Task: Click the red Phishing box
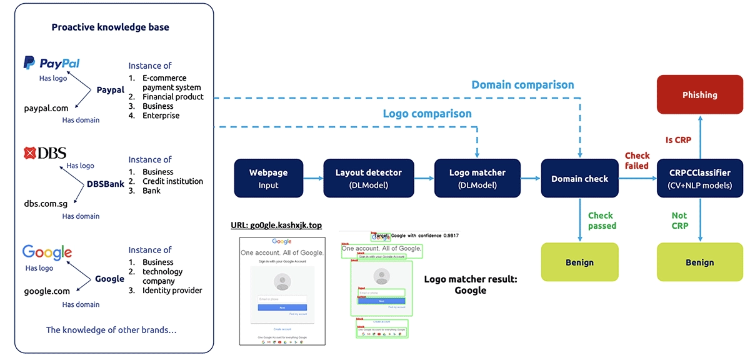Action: [x=699, y=95]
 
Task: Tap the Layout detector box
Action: [x=368, y=179]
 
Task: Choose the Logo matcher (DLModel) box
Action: [x=477, y=179]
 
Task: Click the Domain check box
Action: [x=579, y=179]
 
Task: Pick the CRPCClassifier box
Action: [x=699, y=179]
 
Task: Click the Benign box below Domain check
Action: [x=579, y=262]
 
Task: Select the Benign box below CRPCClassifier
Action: [x=699, y=262]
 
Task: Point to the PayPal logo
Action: [x=51, y=63]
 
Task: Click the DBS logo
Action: [x=44, y=153]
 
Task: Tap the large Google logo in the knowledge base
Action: [x=47, y=252]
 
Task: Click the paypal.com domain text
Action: [x=46, y=108]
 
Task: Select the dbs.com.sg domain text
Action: [x=46, y=204]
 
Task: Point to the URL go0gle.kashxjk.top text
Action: [x=276, y=225]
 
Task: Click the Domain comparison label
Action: [x=522, y=84]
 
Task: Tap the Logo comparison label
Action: [x=427, y=114]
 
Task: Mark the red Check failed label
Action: [x=637, y=161]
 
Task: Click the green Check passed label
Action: [x=602, y=221]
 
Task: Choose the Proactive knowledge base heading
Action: [x=110, y=27]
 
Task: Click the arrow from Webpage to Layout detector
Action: [x=314, y=179]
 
